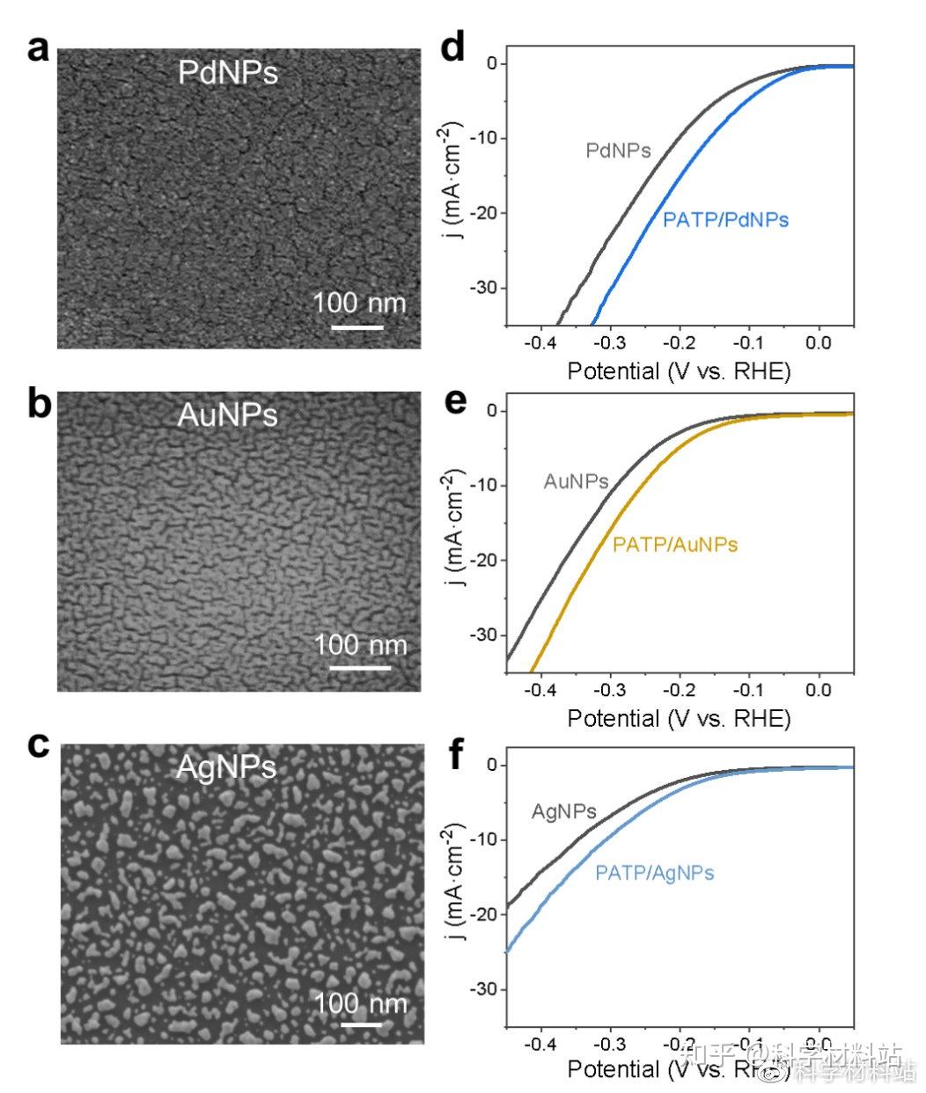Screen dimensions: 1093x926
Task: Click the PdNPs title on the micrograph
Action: click(228, 73)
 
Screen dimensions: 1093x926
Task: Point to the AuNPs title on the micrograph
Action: click(227, 414)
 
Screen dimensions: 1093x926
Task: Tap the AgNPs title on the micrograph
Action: click(226, 767)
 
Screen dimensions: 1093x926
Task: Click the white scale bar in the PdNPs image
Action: click(356, 327)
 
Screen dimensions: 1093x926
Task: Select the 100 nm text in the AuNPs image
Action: click(361, 645)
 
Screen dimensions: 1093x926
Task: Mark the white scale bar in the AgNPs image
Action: click(361, 1023)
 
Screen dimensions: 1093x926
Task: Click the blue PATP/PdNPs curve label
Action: click(725, 219)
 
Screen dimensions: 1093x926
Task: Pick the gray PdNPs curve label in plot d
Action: click(618, 150)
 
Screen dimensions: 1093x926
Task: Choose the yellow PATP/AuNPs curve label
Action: click(675, 545)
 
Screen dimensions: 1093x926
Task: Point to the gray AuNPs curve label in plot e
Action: click(576, 481)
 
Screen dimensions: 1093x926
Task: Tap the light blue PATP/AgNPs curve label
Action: click(654, 873)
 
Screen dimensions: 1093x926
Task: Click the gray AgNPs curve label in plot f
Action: click(563, 811)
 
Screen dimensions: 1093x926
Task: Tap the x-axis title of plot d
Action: click(679, 370)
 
